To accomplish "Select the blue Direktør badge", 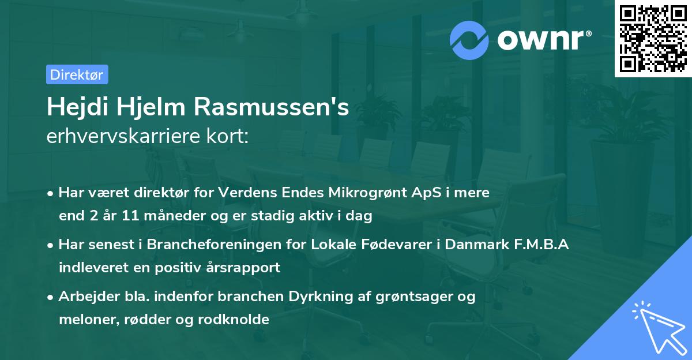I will (x=77, y=74).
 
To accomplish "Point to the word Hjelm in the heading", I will (x=155, y=107).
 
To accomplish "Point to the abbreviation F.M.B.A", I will (x=541, y=245).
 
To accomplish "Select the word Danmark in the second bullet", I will (x=476, y=245).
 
